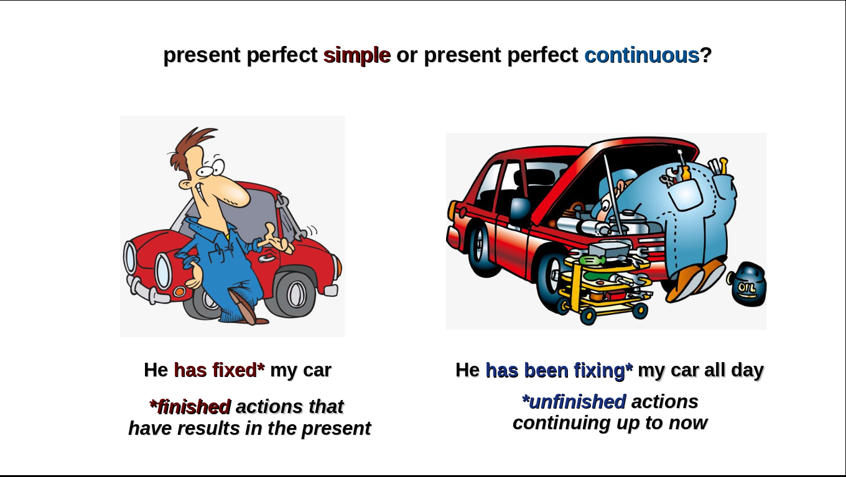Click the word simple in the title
[357, 55]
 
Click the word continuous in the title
[642, 55]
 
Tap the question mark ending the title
[706, 55]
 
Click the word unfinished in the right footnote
[574, 401]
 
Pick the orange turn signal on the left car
[179, 291]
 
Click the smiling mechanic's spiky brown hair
[191, 147]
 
